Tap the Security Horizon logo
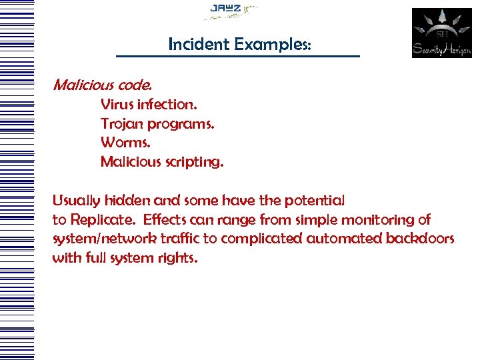click(441, 33)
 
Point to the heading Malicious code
click(102, 85)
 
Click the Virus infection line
click(149, 105)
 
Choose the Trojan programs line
click(157, 124)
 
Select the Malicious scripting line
click(162, 162)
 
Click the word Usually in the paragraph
click(76, 201)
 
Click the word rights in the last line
click(179, 258)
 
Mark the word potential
click(315, 201)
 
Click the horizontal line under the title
click(237, 56)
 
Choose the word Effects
click(165, 220)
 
